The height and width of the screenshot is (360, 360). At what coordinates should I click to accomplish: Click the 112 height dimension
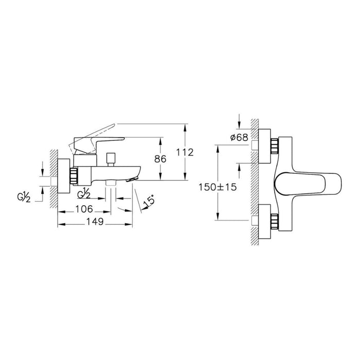(185, 152)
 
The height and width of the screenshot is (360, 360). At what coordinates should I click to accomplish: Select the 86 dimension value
(161, 159)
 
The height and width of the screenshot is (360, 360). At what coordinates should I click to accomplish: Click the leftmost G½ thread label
(24, 196)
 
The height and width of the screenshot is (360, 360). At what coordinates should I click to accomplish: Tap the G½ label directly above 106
(84, 194)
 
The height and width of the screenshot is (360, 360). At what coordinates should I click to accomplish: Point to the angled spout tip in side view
(135, 178)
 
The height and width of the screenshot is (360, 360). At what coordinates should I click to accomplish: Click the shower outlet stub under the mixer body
(110, 184)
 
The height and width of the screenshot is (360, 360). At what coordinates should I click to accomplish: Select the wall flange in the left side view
(64, 175)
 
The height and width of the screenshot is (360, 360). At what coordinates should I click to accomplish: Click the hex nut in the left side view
(75, 175)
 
